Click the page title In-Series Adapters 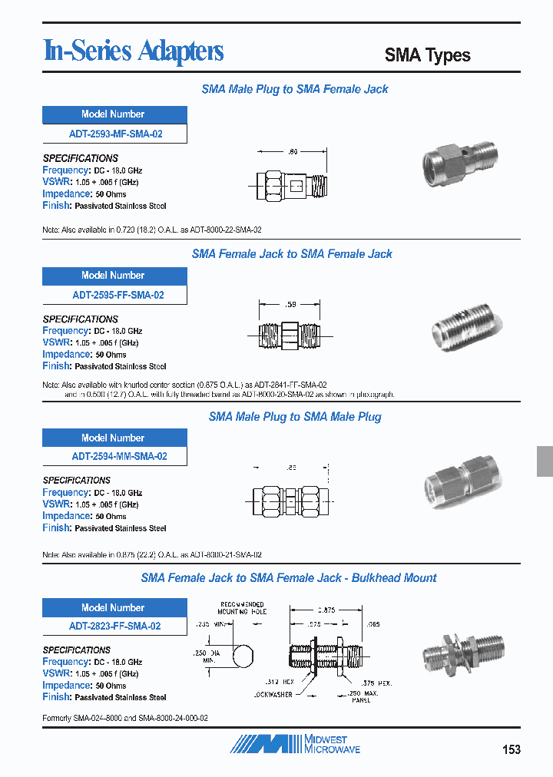tap(134, 51)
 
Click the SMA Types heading tap(427, 55)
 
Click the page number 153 tap(511, 749)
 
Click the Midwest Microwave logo tap(296, 743)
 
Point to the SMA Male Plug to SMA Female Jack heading tap(294, 89)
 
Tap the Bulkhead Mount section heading tap(289, 577)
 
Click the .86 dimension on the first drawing tap(293, 153)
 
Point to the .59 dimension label tap(290, 306)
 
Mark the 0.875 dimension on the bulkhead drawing tap(326, 609)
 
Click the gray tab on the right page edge tap(544, 461)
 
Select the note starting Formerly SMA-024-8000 tap(125, 717)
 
